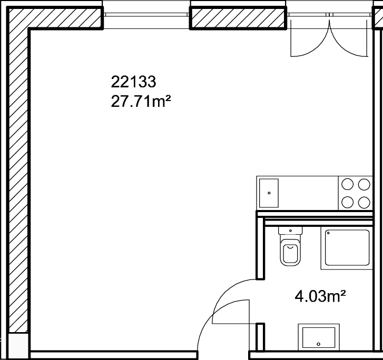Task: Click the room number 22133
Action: [x=133, y=82]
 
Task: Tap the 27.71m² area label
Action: [x=141, y=101]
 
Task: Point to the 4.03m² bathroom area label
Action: [x=320, y=296]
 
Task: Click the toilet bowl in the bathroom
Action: [x=290, y=253]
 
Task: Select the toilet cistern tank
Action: [x=290, y=231]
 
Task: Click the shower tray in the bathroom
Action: [x=347, y=248]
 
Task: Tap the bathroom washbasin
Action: [x=319, y=337]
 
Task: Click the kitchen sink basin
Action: [x=269, y=193]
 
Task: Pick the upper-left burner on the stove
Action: [x=347, y=184]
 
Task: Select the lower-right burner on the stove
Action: [x=364, y=203]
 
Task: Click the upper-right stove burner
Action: [x=364, y=184]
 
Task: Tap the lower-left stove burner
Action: [x=347, y=203]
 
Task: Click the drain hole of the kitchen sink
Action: [x=269, y=193]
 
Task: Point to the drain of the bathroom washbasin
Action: [x=318, y=344]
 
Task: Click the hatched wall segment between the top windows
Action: [x=238, y=18]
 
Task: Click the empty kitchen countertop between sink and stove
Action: [x=308, y=193]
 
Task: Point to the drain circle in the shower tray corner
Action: [x=328, y=233]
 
